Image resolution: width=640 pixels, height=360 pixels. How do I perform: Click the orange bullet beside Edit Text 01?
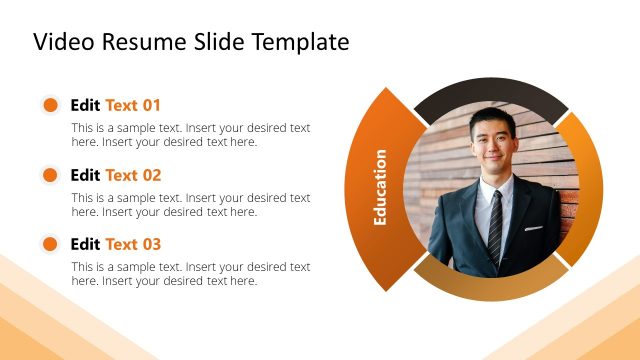click(x=49, y=105)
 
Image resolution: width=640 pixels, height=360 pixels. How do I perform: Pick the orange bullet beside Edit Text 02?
click(x=49, y=175)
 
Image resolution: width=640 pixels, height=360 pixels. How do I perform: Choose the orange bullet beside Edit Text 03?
click(x=49, y=244)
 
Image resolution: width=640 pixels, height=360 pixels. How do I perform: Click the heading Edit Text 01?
click(x=115, y=105)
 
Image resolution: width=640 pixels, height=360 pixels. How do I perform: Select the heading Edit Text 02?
click(x=115, y=175)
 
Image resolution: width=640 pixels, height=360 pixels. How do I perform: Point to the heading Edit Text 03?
click(x=115, y=244)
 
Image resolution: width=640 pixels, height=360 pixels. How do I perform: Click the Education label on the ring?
click(x=380, y=188)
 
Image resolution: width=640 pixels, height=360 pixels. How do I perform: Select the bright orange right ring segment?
click(x=584, y=185)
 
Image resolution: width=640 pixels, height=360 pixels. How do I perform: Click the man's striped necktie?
click(x=495, y=225)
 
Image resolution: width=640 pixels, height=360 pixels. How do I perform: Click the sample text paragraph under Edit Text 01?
click(x=190, y=135)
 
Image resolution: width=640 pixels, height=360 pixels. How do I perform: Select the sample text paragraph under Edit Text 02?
click(x=190, y=205)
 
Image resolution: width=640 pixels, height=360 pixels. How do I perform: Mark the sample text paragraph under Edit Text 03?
click(x=190, y=274)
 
